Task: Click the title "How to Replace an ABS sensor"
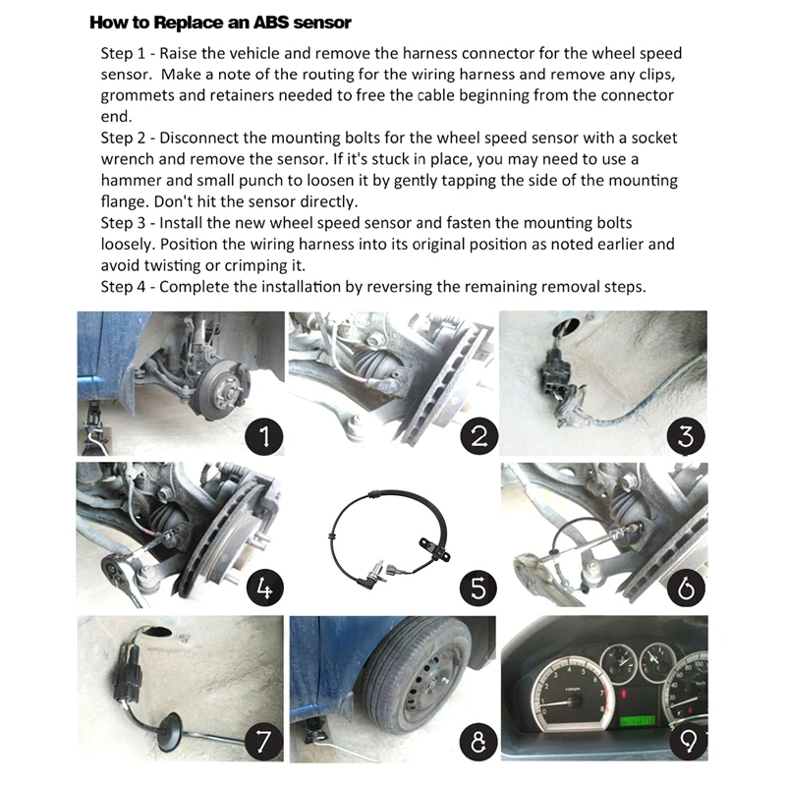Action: pyautogui.click(x=220, y=22)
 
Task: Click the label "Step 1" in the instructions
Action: pyautogui.click(x=125, y=53)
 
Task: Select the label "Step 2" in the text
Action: pyautogui.click(x=125, y=139)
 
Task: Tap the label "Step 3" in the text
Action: pyautogui.click(x=125, y=223)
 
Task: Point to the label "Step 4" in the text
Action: pyautogui.click(x=125, y=287)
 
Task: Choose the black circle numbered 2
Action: pyautogui.click(x=477, y=433)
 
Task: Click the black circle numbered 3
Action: pyautogui.click(x=687, y=433)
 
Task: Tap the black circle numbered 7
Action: pyautogui.click(x=264, y=740)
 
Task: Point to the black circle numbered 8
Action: pyautogui.click(x=477, y=740)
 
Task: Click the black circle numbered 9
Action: pyautogui.click(x=687, y=740)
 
